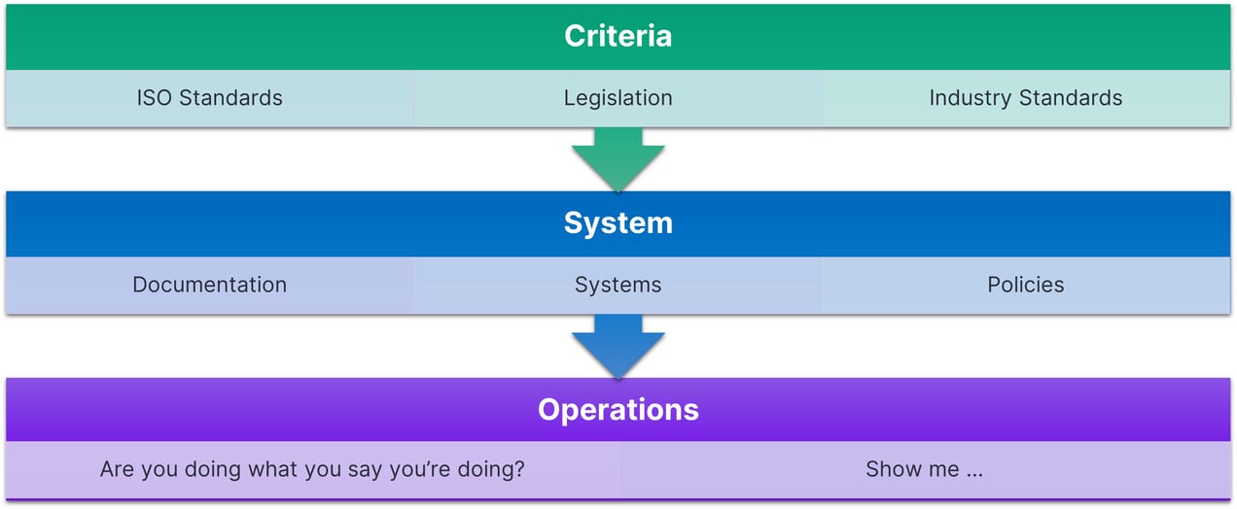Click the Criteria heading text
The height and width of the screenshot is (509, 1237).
click(x=618, y=36)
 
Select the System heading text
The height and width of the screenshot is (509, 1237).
click(x=618, y=222)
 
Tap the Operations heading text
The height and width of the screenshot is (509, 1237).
click(x=618, y=409)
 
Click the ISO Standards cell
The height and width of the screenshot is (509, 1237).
click(x=209, y=98)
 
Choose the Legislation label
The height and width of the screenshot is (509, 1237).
click(x=618, y=98)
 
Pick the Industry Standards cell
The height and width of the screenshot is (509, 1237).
click(x=1025, y=98)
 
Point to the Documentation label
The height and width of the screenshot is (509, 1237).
click(x=209, y=285)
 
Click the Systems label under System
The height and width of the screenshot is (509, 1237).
click(x=618, y=285)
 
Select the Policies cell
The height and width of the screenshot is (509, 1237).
click(x=1025, y=285)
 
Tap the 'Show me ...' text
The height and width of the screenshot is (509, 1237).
click(x=924, y=469)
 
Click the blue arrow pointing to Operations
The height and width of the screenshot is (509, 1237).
click(x=618, y=346)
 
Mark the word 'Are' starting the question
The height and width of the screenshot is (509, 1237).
click(x=118, y=469)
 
